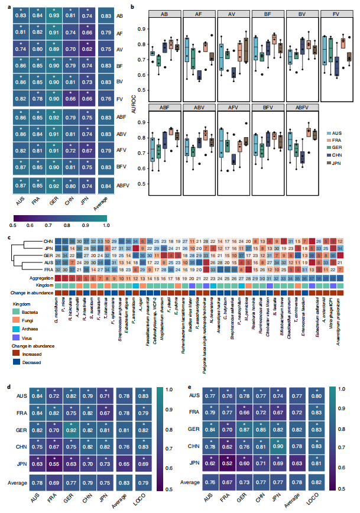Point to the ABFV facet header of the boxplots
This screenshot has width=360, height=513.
(301, 108)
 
